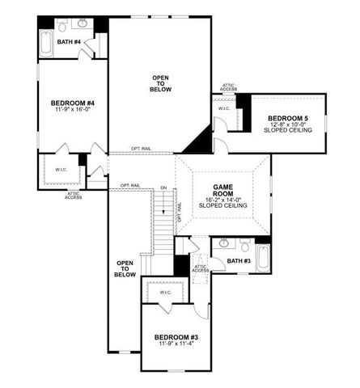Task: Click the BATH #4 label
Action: point(72,42)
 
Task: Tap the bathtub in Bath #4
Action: point(46,42)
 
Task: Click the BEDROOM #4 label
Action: point(73,103)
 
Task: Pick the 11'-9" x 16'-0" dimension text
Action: point(73,111)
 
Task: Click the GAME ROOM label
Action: point(222,191)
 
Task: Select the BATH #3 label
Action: point(238,261)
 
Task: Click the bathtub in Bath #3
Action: point(263,257)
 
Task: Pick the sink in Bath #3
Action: point(224,244)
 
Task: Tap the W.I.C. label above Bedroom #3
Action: point(165,292)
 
